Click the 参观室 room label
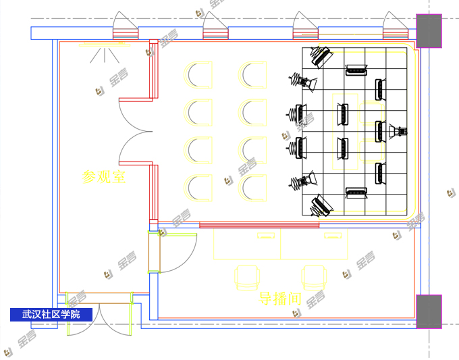104,177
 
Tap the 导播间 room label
279,298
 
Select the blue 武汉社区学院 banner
51,314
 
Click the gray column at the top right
429,30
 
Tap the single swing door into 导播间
174,253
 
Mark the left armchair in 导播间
247,277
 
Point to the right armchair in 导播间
314,277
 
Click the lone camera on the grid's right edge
397,130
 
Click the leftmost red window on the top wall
126,32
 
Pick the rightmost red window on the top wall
396,32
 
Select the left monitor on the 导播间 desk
266,236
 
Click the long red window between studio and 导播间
259,225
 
